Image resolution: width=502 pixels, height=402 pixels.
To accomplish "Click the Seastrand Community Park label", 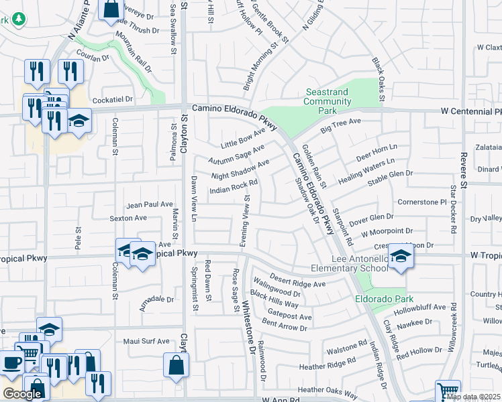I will pyautogui.click(x=328, y=96).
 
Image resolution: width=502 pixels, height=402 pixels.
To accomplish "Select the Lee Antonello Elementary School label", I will pyautogui.click(x=349, y=263).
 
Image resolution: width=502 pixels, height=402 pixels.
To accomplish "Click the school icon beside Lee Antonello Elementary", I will pyautogui.click(x=401, y=257).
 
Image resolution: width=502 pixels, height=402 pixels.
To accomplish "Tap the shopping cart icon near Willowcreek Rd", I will pyautogui.click(x=448, y=391).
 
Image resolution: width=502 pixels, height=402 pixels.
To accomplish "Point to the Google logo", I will pyautogui.click(x=22, y=394).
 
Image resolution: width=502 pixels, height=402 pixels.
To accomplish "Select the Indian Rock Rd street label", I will pyautogui.click(x=234, y=186).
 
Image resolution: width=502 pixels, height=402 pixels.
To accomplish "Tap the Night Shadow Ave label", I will pyautogui.click(x=240, y=169).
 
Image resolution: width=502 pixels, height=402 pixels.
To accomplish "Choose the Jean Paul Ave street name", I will pyautogui.click(x=150, y=204).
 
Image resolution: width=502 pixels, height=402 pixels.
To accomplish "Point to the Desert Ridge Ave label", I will pyautogui.click(x=297, y=280).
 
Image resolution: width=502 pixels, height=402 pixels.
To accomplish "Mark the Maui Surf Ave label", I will pyautogui.click(x=146, y=341).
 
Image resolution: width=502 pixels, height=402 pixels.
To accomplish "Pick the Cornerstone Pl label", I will pyautogui.click(x=421, y=201).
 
